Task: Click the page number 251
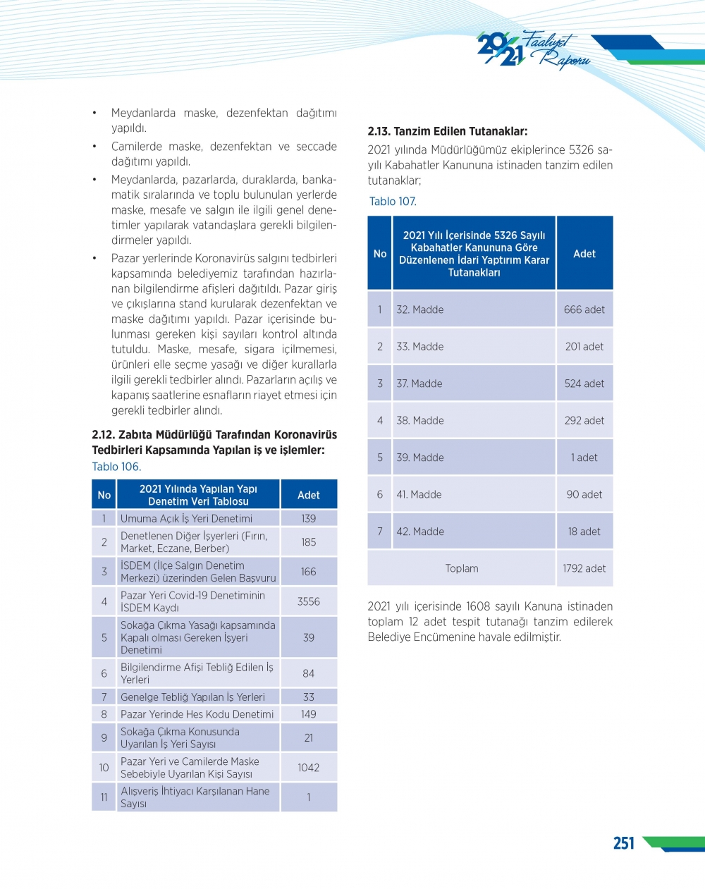(x=623, y=843)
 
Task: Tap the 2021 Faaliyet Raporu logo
(x=532, y=50)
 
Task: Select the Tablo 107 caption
(x=393, y=202)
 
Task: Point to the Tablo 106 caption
(x=116, y=467)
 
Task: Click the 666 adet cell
(x=584, y=309)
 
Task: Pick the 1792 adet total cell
(x=584, y=568)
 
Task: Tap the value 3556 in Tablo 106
(x=308, y=601)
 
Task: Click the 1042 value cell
(x=308, y=767)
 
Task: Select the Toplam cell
(x=462, y=568)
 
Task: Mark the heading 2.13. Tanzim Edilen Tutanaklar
(x=447, y=131)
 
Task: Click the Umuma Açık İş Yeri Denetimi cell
(x=186, y=518)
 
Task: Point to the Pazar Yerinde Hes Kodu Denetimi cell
(x=197, y=714)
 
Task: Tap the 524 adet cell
(x=584, y=384)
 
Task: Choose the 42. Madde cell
(x=420, y=532)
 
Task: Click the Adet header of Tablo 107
(x=584, y=254)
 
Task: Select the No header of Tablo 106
(x=104, y=495)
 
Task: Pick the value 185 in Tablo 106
(x=308, y=542)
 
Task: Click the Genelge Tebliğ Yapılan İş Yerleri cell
(x=192, y=697)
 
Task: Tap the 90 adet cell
(x=584, y=494)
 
